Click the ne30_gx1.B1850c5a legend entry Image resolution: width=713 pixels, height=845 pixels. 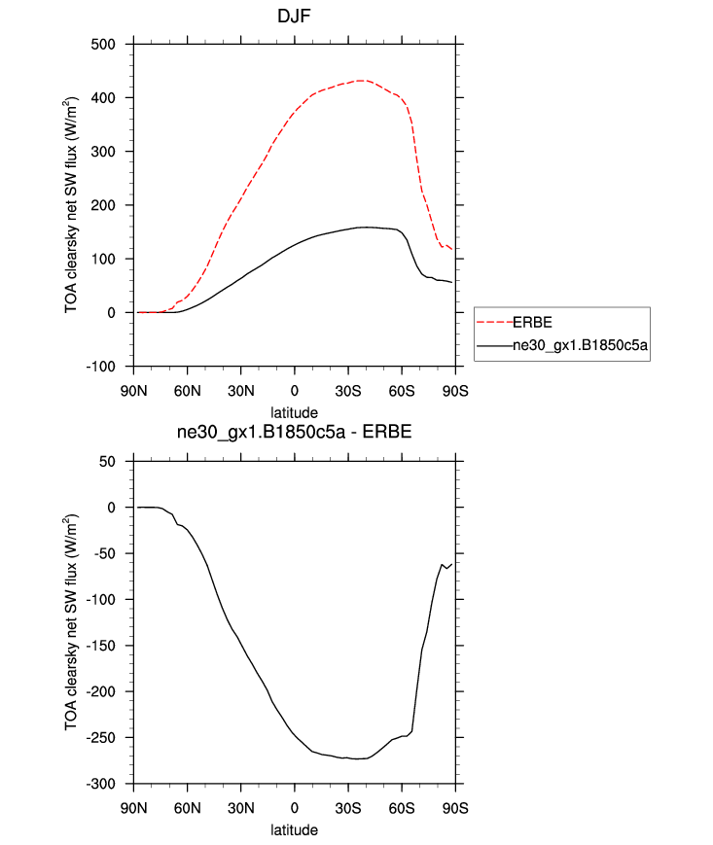581,344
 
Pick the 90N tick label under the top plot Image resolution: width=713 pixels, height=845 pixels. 134,391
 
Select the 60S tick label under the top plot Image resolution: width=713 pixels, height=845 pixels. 402,391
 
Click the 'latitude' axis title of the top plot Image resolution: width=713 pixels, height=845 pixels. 294,413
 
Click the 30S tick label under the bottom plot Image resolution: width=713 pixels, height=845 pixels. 348,808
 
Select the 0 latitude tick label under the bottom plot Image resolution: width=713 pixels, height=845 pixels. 294,808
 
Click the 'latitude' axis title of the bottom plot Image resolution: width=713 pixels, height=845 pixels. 294,830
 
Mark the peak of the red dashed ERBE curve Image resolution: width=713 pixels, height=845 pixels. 362,81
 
